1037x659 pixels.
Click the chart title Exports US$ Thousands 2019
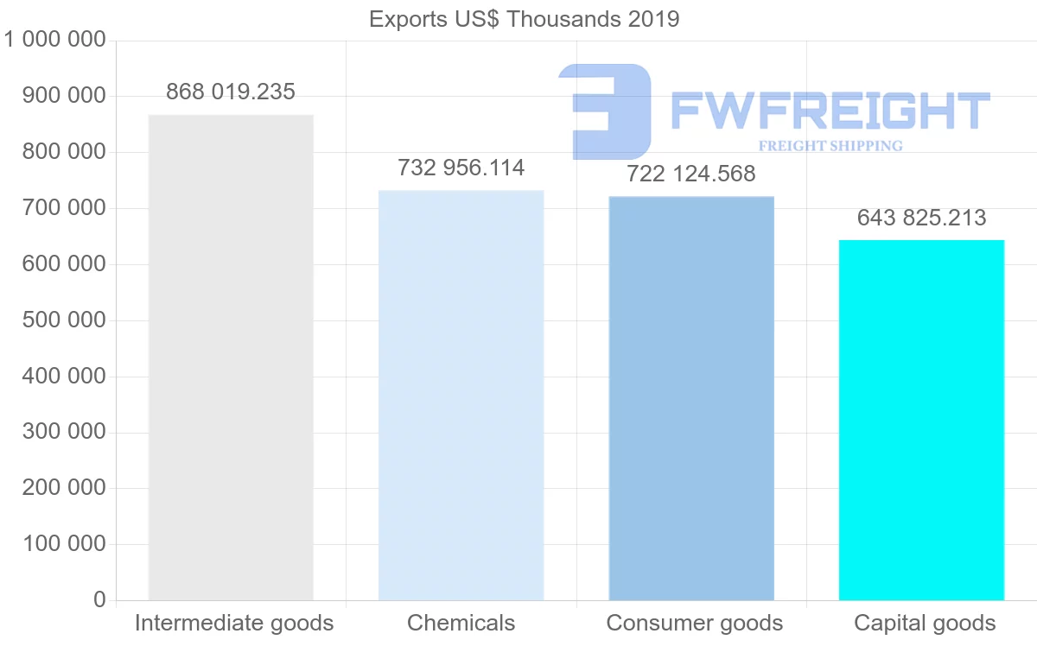pos(524,19)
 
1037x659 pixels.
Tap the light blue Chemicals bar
pos(461,395)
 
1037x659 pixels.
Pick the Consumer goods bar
pos(691,397)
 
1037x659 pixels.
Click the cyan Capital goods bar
pos(921,420)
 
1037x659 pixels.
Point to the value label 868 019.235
pos(231,92)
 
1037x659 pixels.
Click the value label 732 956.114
pos(461,168)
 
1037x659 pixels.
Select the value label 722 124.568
pos(691,174)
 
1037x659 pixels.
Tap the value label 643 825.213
pos(921,218)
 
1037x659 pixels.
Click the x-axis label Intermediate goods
pos(234,623)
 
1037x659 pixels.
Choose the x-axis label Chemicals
pos(461,623)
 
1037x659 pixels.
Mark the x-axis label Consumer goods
pos(695,623)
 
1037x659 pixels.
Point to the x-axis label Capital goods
pos(925,623)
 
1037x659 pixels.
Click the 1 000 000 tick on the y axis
pos(55,40)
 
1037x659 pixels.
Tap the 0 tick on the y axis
pos(99,599)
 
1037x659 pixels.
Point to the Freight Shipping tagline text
pos(830,146)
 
